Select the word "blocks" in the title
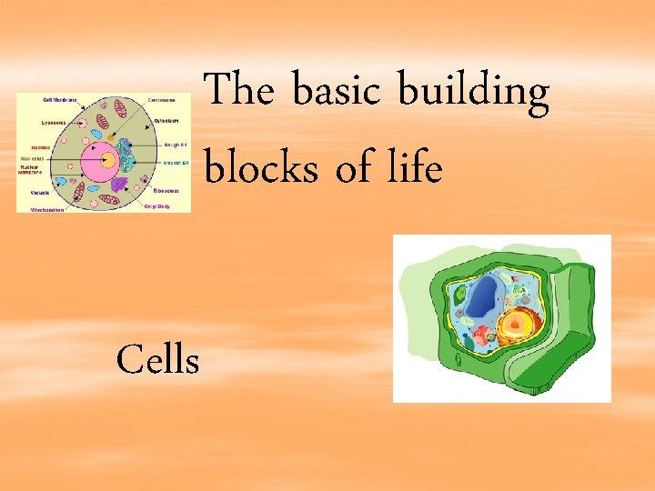[x=261, y=170]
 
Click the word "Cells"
[x=157, y=361]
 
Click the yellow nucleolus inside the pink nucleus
[x=106, y=161]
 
